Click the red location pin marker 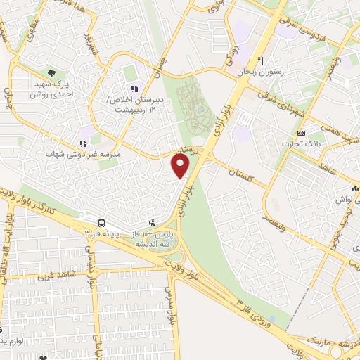click(x=181, y=166)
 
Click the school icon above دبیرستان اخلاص click(x=134, y=88)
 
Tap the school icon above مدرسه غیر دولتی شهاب click(x=83, y=142)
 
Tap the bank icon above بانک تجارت click(x=301, y=133)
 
